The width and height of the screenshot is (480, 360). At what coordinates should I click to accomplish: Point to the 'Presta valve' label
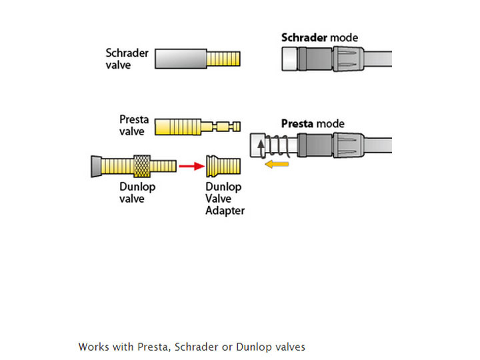tap(133, 125)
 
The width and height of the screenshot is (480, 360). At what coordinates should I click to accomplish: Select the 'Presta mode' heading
tap(313, 124)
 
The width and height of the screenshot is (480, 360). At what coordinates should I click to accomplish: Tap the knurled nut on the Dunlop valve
tap(142, 165)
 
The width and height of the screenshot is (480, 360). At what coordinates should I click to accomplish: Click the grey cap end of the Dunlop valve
tap(96, 165)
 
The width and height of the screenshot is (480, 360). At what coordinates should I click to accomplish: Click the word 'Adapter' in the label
tap(225, 211)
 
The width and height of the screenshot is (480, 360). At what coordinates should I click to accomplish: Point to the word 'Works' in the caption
tap(92, 347)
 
